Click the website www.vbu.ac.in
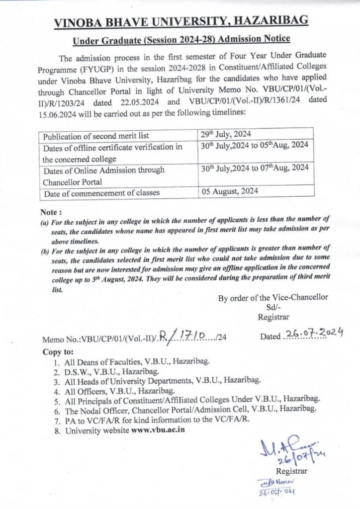pyautogui.click(x=158, y=430)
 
